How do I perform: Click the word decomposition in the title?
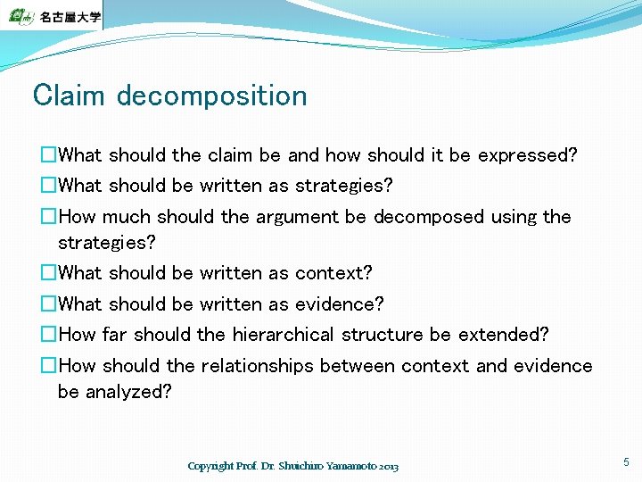(x=211, y=96)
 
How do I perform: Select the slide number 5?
(x=626, y=461)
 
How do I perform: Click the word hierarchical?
(x=283, y=335)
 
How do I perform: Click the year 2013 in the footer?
(x=388, y=466)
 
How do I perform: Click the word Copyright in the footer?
(x=210, y=466)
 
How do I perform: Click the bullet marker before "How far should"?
(x=49, y=335)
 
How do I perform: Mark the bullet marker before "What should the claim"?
(x=49, y=155)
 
